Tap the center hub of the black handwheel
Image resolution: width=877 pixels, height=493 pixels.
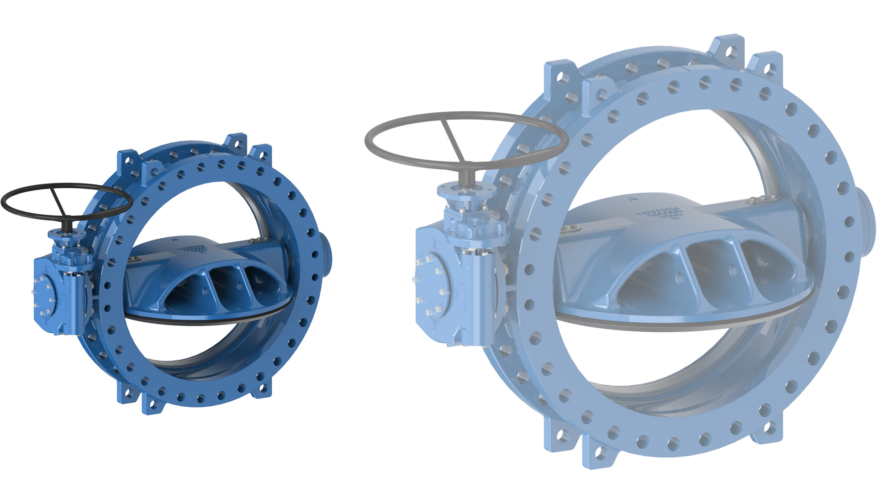[x=68, y=225]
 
